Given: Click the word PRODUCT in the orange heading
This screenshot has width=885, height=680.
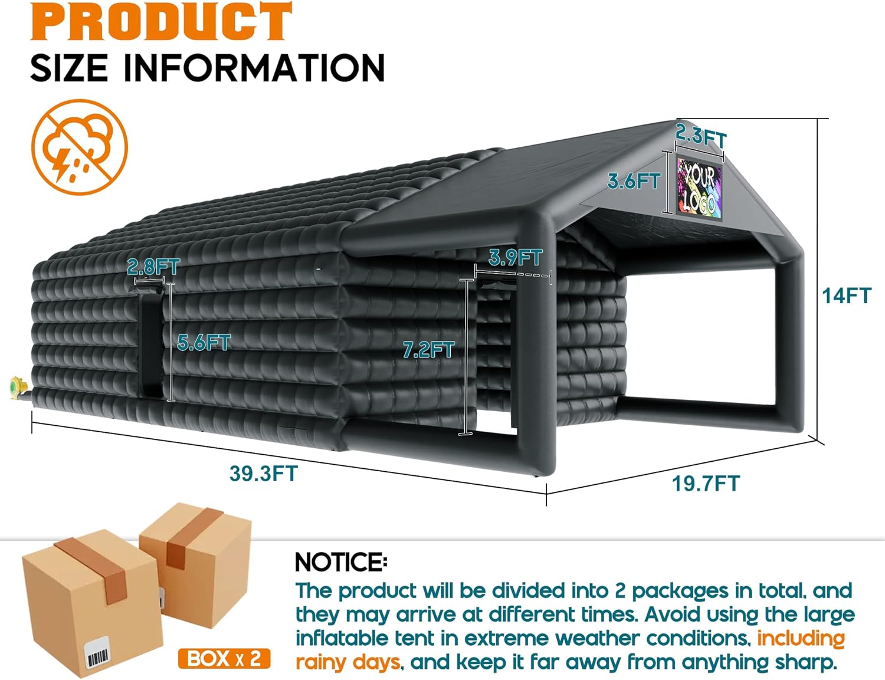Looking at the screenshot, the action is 161,21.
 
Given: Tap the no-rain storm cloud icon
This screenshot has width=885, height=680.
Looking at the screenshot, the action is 80,147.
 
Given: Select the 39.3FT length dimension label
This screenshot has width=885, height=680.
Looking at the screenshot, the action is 264,473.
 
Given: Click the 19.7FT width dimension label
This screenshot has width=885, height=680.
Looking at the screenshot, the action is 706,484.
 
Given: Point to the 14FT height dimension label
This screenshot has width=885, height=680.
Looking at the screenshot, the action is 847,295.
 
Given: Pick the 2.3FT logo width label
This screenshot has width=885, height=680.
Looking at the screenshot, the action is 701,136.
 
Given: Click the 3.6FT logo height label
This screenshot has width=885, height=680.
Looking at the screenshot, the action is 634,180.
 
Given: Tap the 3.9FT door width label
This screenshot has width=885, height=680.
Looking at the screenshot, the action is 515,257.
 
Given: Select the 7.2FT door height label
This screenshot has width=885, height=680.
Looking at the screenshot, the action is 428,350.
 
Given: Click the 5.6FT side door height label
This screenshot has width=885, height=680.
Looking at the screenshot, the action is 204,343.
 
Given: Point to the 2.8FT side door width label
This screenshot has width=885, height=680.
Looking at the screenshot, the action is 153,267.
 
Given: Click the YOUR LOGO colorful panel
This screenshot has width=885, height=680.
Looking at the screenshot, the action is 699,188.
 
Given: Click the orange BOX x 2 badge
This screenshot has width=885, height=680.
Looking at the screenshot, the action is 224,658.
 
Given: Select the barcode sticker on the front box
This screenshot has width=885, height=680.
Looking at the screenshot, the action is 98,653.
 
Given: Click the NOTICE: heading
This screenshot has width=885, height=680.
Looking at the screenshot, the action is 341,563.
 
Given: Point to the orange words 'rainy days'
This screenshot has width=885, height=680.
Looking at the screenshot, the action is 348,662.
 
